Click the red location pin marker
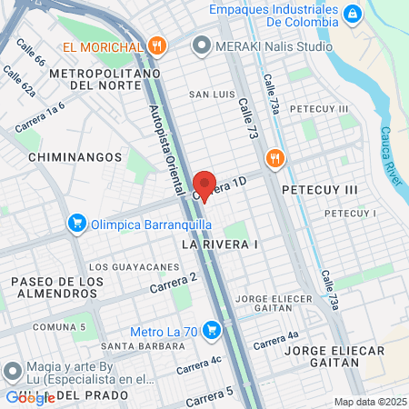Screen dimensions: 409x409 205,185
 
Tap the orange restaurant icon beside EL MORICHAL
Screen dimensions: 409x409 157,45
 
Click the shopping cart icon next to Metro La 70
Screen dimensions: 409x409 212,330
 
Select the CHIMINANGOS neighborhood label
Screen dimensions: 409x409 64,156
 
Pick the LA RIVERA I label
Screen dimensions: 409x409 220,244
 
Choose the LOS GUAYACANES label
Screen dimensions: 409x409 135,266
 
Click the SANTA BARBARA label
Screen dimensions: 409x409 137,345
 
